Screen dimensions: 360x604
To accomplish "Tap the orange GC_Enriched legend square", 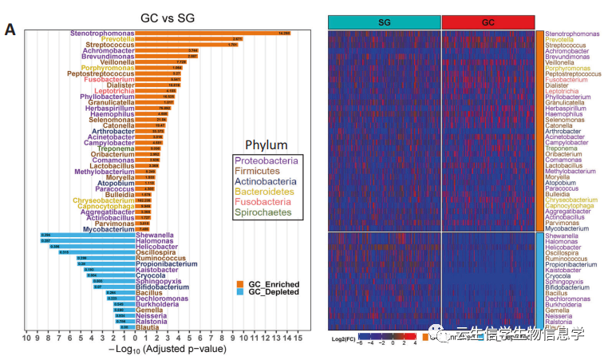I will coord(241,284).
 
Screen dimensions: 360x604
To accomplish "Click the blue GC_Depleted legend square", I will coord(241,293).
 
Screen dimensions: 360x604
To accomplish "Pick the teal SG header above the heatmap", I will coord(385,22).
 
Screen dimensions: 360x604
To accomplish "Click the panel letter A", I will coord(10,30).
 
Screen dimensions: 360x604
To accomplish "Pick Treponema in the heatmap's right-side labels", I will coord(562,148).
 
